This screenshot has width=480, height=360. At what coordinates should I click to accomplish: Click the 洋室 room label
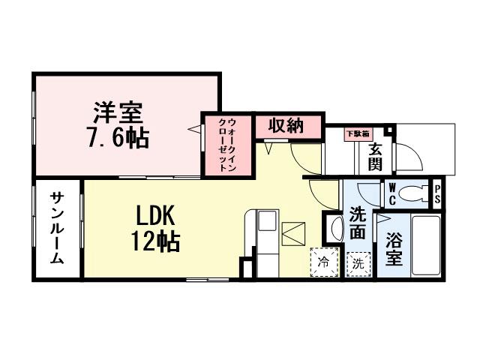[x=118, y=114]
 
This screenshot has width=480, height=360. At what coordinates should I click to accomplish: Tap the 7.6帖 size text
[x=118, y=138]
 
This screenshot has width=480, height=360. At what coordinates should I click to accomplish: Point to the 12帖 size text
[x=156, y=241]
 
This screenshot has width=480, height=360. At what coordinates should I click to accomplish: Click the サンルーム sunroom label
[x=58, y=229]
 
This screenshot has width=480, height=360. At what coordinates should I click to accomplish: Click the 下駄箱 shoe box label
[x=357, y=134]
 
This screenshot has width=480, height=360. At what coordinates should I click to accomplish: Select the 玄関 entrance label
[x=375, y=154]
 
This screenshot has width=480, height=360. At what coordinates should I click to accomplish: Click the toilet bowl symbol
[x=413, y=193]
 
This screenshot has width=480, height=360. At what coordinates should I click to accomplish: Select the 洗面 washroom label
[x=358, y=223]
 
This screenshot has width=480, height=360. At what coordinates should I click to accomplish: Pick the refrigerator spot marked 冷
[x=323, y=262]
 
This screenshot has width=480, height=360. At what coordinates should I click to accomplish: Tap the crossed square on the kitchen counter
[x=292, y=233]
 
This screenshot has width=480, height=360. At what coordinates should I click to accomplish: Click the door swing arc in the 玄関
[x=409, y=157]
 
